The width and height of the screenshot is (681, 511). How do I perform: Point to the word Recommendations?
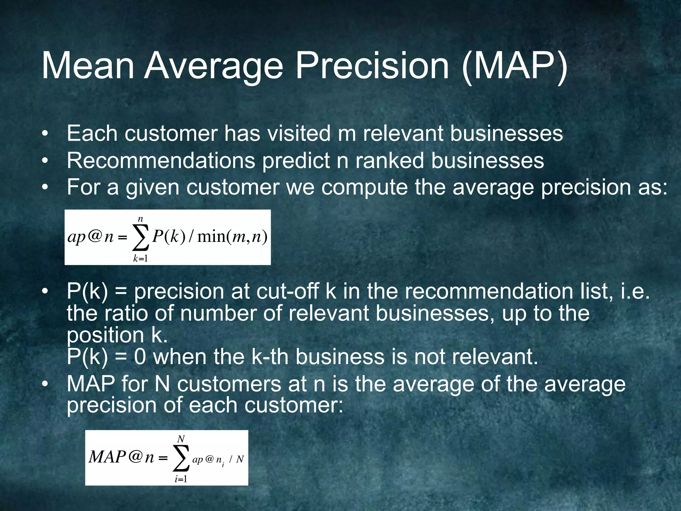(x=161, y=161)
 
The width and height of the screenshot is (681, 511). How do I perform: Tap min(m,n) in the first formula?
(x=232, y=237)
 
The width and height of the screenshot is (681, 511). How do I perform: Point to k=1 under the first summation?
(x=140, y=258)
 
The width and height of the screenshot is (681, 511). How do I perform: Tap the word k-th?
(x=270, y=357)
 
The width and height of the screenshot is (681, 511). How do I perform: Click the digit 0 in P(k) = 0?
(x=140, y=357)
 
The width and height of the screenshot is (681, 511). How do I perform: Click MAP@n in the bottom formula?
(x=121, y=457)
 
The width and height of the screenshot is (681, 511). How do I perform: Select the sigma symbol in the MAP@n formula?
(x=181, y=459)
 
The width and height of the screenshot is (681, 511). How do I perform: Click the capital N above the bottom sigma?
(x=181, y=439)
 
